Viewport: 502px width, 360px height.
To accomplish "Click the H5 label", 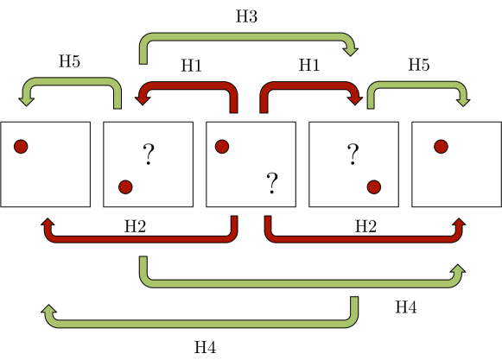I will coord(68,61).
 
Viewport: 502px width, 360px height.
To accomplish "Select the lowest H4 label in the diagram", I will coord(205,347).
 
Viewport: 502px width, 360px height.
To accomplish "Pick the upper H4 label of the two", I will coord(405,306).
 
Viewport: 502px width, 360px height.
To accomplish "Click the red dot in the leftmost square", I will coord(21,147).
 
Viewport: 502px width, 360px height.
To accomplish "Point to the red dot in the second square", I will coord(125,186).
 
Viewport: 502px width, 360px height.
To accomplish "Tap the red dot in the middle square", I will coord(221,147).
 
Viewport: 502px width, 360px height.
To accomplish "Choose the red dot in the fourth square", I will coord(373,186).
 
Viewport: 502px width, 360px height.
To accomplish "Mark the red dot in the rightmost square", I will coord(441,147).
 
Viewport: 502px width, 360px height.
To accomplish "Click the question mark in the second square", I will coord(149,155).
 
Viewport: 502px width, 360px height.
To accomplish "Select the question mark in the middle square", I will coord(272,182).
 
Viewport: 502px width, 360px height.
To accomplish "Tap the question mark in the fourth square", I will coord(353,155).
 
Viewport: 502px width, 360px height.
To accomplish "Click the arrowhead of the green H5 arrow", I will coord(26,102).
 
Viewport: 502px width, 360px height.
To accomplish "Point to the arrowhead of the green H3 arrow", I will coord(352,53).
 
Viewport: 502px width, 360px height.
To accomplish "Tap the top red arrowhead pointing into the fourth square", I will coord(353,101).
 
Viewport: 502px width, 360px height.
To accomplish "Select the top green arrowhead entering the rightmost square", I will coord(463,102).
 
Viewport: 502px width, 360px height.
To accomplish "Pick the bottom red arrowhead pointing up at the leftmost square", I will coord(47,224).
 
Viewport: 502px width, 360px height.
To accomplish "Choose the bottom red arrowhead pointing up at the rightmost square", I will coord(457,224).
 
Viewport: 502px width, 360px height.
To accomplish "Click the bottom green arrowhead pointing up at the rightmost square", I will coord(457,270).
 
